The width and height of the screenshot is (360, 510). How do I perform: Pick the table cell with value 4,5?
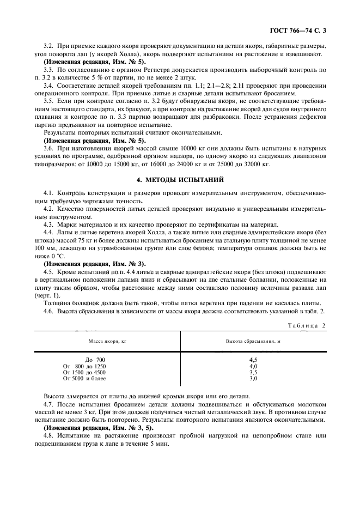(253, 360)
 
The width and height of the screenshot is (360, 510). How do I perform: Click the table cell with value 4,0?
(253, 366)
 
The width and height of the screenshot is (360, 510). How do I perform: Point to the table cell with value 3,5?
(253, 372)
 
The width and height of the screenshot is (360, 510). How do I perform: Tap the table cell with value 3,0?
(253, 378)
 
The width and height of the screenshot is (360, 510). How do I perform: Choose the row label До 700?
(95, 360)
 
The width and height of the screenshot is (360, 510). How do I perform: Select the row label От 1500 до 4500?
(84, 372)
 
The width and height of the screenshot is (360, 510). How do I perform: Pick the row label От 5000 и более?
(84, 378)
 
